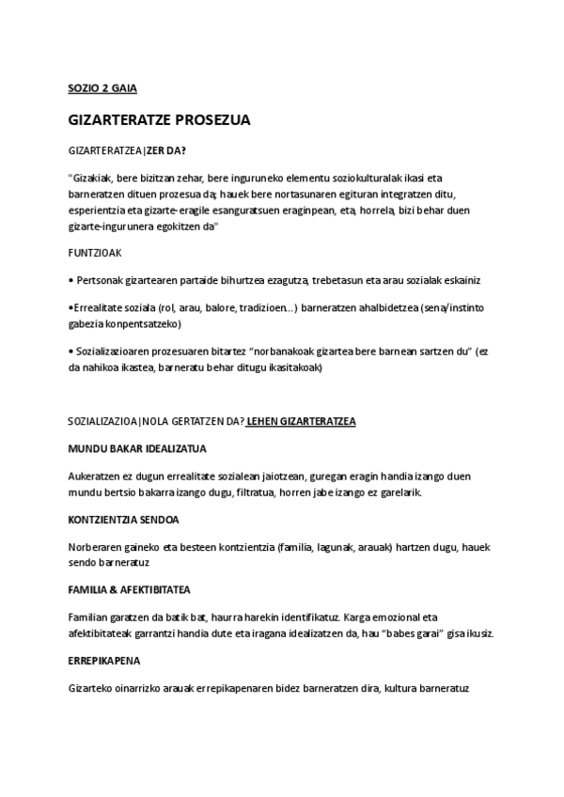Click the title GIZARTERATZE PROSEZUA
(159, 121)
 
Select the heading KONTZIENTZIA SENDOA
(124, 519)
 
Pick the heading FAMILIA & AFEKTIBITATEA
(130, 589)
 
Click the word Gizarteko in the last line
(95, 687)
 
